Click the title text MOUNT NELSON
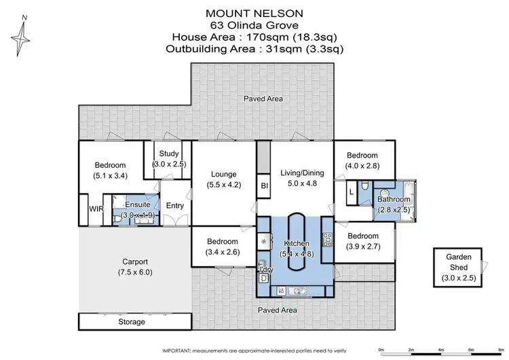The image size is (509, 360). (x=254, y=13)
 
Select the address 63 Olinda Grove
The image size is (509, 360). (x=254, y=25)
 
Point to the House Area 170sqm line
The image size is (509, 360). (x=254, y=37)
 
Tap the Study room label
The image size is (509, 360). (x=168, y=154)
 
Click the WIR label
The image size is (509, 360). (x=96, y=209)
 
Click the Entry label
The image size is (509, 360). (x=175, y=206)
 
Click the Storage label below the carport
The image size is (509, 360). (x=131, y=321)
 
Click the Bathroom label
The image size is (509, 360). (x=394, y=200)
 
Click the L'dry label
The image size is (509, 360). (x=265, y=270)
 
